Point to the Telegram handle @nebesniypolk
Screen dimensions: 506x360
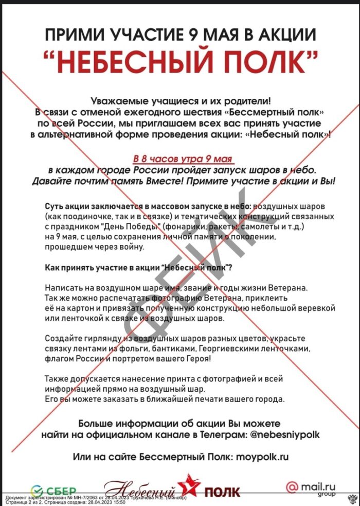278,435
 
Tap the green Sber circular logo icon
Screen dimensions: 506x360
37,489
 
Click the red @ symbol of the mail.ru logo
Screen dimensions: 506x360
291,485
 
